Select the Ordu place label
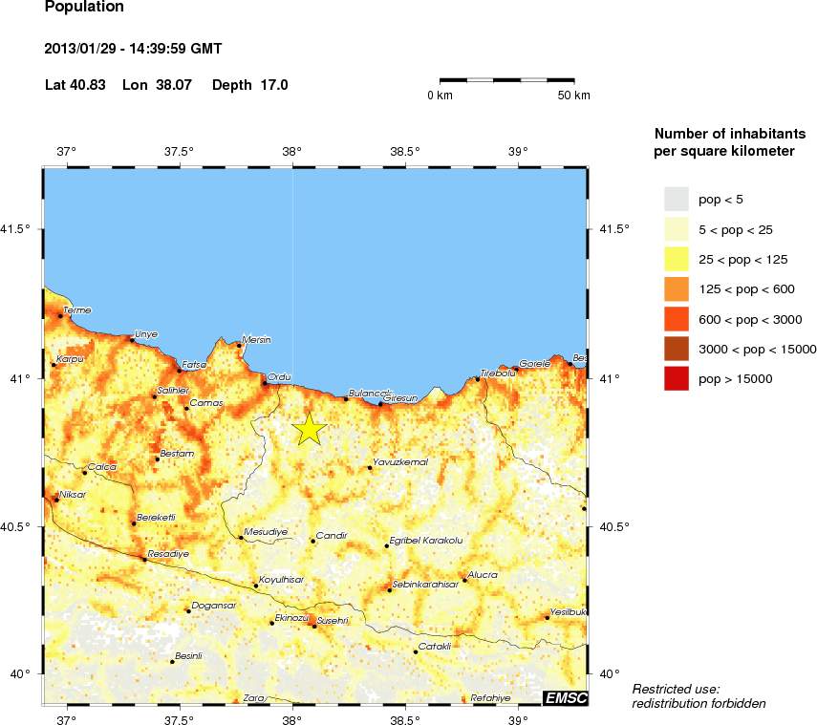(x=279, y=376)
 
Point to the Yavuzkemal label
(x=399, y=462)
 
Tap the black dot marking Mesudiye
(x=241, y=538)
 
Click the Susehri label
(x=332, y=621)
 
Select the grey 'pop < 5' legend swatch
(x=677, y=199)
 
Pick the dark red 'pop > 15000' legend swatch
(x=677, y=379)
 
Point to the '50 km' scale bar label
(x=574, y=96)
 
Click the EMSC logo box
(x=564, y=698)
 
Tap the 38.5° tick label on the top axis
(x=405, y=151)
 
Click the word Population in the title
(x=84, y=8)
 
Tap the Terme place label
(x=75, y=310)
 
